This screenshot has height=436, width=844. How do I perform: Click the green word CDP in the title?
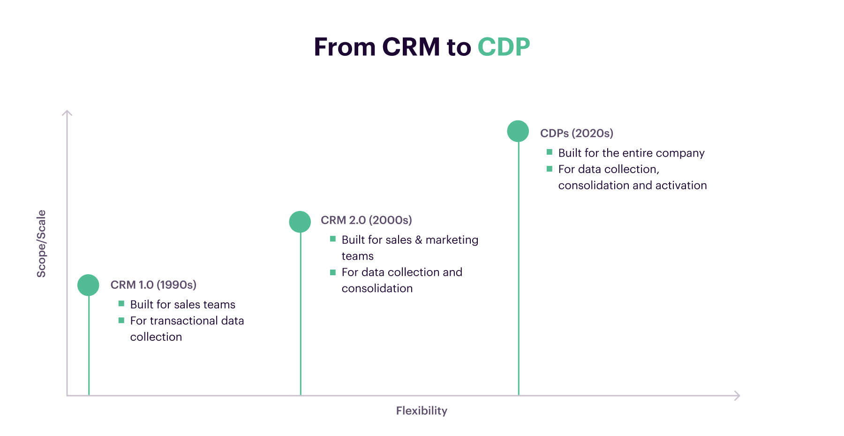(504, 47)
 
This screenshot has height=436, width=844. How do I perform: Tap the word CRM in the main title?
(411, 47)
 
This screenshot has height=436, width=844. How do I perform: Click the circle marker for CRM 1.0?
(88, 285)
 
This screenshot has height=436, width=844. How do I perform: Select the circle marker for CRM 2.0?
(300, 222)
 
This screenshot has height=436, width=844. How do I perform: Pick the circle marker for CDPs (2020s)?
(518, 131)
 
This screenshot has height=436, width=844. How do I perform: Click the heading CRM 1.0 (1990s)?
(153, 285)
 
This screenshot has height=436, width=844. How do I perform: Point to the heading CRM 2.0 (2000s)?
(366, 220)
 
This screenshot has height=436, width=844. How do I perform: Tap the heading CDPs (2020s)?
(577, 134)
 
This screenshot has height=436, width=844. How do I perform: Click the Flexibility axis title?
(422, 411)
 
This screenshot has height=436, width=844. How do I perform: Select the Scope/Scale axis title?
(41, 244)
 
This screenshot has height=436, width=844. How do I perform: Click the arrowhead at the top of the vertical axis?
(67, 113)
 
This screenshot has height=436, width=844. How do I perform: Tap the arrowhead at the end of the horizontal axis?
(737, 396)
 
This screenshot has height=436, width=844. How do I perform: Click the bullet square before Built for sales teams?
(121, 304)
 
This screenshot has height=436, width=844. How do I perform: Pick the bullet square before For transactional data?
(121, 320)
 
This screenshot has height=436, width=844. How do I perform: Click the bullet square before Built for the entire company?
(550, 152)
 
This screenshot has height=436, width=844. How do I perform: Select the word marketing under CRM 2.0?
(452, 240)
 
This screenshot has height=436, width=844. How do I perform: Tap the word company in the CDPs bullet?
(682, 154)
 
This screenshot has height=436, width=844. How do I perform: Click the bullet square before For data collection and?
(333, 272)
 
